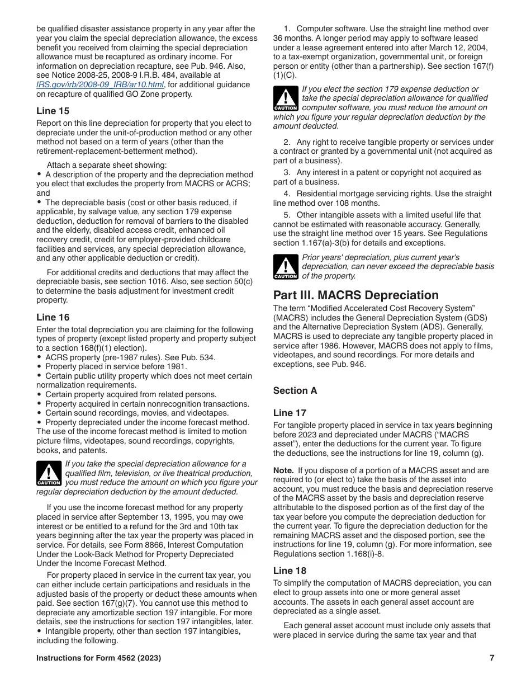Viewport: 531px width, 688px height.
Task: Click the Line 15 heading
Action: [x=53, y=111]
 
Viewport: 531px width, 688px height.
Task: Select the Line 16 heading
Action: [x=53, y=317]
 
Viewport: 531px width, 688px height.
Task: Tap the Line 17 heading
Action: [x=290, y=413]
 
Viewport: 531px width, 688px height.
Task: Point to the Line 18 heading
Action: [x=290, y=571]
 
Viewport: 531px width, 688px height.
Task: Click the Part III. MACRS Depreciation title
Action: [x=356, y=295]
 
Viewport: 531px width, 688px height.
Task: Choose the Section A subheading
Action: [x=295, y=390]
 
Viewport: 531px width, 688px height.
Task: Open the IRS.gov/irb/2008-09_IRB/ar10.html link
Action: [x=100, y=84]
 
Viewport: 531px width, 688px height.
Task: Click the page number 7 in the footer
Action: [x=492, y=658]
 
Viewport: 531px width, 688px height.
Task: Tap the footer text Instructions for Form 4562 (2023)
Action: [x=98, y=658]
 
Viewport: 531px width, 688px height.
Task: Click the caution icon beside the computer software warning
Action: [x=285, y=98]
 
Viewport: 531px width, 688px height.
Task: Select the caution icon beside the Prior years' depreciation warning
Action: [x=285, y=267]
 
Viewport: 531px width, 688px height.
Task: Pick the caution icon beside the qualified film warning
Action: [x=49, y=473]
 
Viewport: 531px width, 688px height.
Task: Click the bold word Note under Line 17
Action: [x=283, y=470]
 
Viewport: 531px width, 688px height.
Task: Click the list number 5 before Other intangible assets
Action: [x=286, y=215]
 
